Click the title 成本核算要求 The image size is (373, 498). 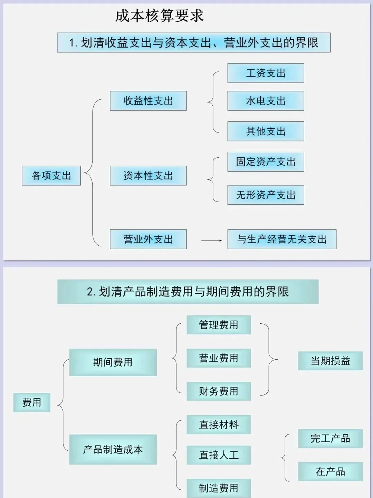[159, 16]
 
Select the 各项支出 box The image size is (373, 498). [51, 176]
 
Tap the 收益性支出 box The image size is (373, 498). [148, 101]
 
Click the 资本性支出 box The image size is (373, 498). [148, 176]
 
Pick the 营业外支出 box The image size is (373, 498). [148, 239]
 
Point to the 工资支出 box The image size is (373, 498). [266, 73]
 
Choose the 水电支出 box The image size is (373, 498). [266, 101]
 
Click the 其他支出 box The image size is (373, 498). [266, 131]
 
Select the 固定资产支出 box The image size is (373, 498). [266, 162]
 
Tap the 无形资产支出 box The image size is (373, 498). [266, 195]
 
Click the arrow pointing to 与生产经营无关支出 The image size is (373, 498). [211, 240]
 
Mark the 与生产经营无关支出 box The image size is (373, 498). [282, 239]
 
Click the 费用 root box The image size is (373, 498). [32, 402]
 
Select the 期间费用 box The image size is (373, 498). [113, 362]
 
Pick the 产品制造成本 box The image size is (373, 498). [113, 449]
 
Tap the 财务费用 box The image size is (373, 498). [219, 391]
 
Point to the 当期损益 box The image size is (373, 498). [330, 361]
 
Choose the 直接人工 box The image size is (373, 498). [219, 455]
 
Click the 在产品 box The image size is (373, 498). [330, 471]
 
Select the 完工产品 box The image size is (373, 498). [330, 438]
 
